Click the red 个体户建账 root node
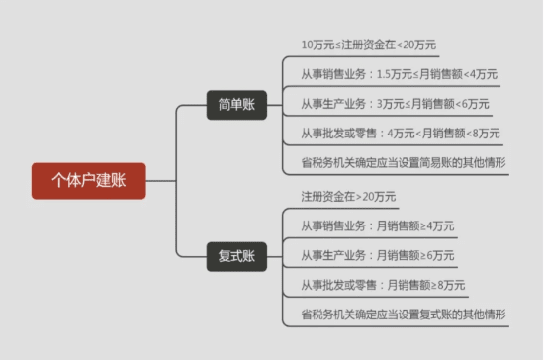(x=88, y=181)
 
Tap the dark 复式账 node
(x=236, y=256)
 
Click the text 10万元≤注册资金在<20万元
(x=369, y=45)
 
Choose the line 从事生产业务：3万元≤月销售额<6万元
(x=395, y=104)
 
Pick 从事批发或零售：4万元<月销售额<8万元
(x=400, y=133)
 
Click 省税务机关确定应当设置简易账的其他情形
(x=404, y=162)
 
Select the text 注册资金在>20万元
(x=349, y=196)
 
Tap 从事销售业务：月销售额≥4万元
(x=378, y=225)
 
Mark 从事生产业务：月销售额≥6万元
(x=378, y=255)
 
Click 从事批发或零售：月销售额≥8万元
(x=383, y=285)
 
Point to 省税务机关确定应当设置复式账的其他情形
(x=404, y=315)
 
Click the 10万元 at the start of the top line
(x=319, y=45)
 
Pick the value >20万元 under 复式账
(x=377, y=196)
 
